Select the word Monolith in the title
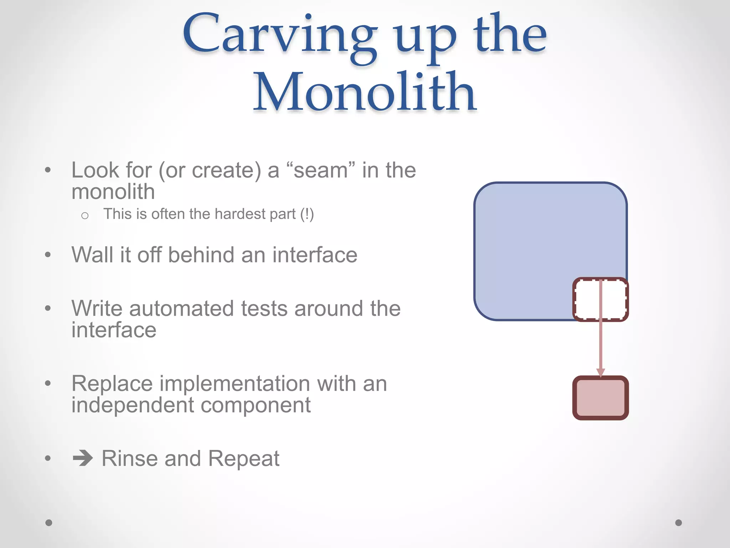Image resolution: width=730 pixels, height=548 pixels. point(364,92)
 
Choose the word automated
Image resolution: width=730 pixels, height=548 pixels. point(182,308)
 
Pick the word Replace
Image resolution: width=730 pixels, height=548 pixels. point(112,384)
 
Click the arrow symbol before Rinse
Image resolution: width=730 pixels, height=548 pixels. point(83,458)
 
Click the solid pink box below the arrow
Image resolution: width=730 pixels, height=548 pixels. point(601,398)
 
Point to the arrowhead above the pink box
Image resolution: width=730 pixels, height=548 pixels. point(601,372)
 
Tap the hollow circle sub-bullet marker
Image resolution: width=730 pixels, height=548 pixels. point(85,215)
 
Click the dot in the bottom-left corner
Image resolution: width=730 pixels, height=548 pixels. point(49,523)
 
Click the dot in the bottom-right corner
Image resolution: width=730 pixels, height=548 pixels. point(679,523)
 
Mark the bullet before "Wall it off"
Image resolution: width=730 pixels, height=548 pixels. point(48,255)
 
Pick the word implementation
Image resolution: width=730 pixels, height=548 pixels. point(235,384)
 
